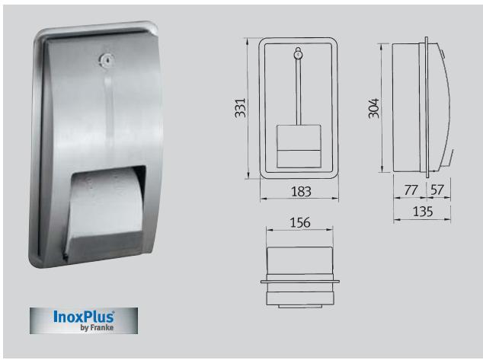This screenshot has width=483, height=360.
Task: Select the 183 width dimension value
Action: [x=301, y=192]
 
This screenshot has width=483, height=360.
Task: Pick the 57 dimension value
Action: [x=437, y=189]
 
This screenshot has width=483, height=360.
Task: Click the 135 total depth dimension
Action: [x=421, y=212]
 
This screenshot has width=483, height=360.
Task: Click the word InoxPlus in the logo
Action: [x=84, y=317]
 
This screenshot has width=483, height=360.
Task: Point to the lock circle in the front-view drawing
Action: [x=297, y=53]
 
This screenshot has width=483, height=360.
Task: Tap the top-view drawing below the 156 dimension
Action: [x=301, y=278]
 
